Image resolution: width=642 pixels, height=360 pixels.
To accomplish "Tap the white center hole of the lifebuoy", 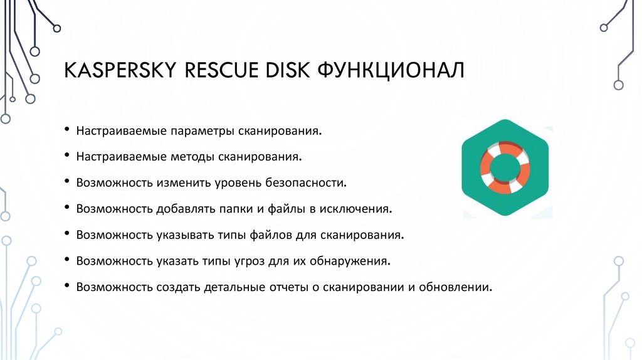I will tap(505, 165).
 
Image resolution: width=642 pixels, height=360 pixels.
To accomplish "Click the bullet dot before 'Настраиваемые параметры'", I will tap(67, 132).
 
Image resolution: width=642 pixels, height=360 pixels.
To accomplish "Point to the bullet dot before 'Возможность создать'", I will tap(67, 287).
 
